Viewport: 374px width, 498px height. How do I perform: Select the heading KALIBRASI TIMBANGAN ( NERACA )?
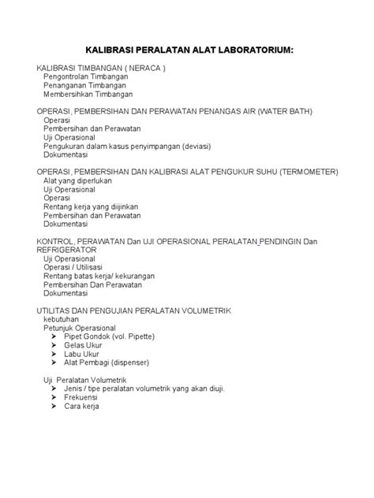click(x=101, y=69)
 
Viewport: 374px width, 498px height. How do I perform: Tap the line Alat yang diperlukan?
click(x=78, y=180)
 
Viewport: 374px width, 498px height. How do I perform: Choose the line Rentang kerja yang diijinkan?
click(x=93, y=206)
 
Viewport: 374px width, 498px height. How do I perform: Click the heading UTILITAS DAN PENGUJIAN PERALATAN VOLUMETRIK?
click(x=145, y=310)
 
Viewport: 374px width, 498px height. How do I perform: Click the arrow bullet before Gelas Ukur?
click(x=55, y=345)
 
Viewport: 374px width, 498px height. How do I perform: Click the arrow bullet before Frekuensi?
click(x=55, y=398)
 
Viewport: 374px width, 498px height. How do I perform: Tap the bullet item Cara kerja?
click(x=81, y=407)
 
